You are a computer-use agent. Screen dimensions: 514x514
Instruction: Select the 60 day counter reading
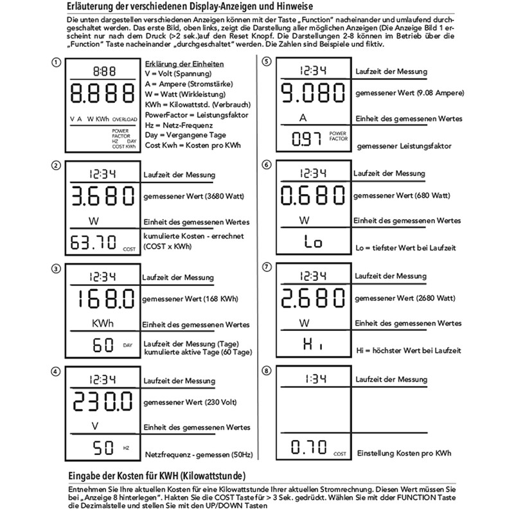[103, 345]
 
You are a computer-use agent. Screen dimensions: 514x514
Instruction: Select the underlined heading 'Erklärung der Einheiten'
[184, 64]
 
